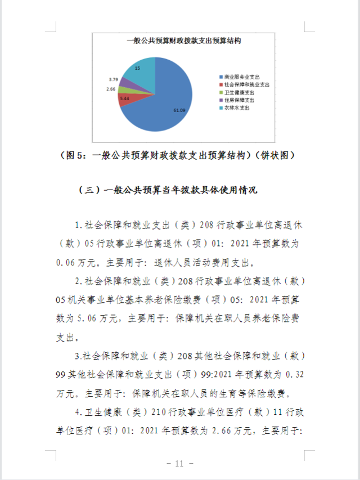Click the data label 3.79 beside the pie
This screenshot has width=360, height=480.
pyautogui.click(x=113, y=79)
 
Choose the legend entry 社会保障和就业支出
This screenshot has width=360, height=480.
pyautogui.click(x=244, y=84)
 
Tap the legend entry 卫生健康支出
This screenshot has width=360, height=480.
pyautogui.click(x=240, y=92)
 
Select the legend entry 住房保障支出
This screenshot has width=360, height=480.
pyautogui.click(x=240, y=100)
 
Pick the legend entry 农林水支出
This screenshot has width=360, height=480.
pyautogui.click(x=237, y=107)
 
